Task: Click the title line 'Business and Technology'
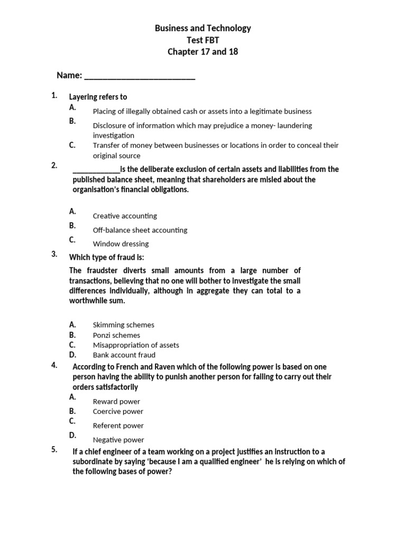pos(203,28)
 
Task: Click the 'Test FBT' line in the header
pos(203,40)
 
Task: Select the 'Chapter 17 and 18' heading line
pos(203,51)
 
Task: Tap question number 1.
pos(54,95)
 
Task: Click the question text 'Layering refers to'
pos(98,97)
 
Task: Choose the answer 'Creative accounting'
pos(125,216)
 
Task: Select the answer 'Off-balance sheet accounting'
pos(140,230)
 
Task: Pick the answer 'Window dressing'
pos(121,244)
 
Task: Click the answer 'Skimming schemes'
pos(124,325)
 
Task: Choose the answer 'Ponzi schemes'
pos(116,335)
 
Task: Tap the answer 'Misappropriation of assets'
pos(136,345)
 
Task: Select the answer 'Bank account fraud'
pos(124,355)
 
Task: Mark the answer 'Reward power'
pos(116,402)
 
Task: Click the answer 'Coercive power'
pos(118,411)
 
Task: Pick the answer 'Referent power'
pos(118,426)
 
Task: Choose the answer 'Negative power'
pos(118,440)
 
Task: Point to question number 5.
pos(54,450)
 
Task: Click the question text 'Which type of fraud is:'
pos(107,257)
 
